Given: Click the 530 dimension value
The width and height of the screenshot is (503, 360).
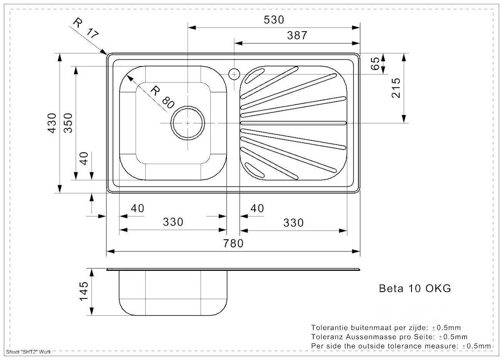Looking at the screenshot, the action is [x=274, y=20].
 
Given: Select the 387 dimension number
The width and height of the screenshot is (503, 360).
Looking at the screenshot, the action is [x=297, y=35].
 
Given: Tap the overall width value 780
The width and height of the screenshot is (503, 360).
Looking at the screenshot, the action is [x=233, y=243].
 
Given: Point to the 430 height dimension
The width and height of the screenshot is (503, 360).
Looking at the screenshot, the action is [x=52, y=123].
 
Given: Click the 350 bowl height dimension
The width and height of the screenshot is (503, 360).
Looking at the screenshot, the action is [x=68, y=123].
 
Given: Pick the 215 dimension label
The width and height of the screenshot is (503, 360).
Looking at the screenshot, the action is [x=396, y=88].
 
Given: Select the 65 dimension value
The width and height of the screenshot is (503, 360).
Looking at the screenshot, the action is [x=375, y=63].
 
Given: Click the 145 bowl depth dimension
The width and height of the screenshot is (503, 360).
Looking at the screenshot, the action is [x=84, y=291].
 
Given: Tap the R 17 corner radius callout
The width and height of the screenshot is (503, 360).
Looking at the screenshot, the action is [x=86, y=28].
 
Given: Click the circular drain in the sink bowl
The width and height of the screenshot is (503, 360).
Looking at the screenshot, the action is [x=188, y=123].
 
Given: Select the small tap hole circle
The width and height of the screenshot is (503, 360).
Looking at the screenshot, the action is [x=234, y=74].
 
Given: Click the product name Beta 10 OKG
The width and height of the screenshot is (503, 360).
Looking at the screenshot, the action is [x=415, y=288].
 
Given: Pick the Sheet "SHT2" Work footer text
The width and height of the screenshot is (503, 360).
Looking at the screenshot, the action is [x=28, y=352].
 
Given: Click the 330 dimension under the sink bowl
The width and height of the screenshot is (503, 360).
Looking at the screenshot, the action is [x=173, y=222].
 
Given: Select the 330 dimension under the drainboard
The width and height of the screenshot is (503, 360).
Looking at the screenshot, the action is [x=293, y=223].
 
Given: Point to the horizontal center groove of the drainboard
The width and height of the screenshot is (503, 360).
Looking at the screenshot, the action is [x=293, y=123].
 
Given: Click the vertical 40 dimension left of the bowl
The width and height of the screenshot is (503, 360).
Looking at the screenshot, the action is [x=84, y=158].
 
